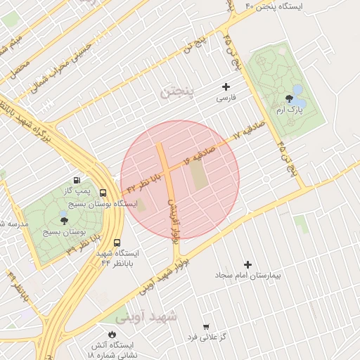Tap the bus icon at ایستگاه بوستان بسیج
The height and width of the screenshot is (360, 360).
(x=103, y=193)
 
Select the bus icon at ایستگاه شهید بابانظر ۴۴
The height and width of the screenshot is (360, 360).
(x=96, y=245)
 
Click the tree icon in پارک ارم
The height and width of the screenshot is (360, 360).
(x=289, y=99)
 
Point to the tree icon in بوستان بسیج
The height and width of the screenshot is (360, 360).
(x=65, y=221)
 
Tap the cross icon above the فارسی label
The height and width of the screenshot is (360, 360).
(x=226, y=87)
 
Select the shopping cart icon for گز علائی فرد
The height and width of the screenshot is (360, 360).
(x=205, y=326)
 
